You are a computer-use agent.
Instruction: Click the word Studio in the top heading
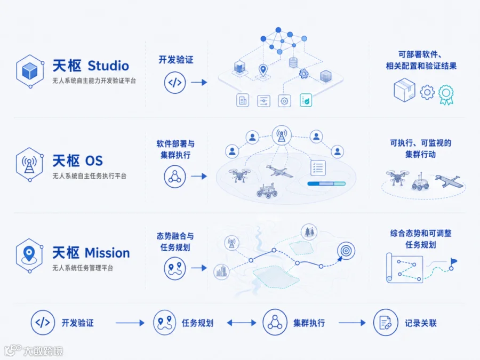[108, 66]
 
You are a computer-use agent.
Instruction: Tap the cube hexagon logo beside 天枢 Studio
[30, 71]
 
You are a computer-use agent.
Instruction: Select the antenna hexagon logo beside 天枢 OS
[29, 164]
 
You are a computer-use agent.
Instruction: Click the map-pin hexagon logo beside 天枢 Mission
[29, 255]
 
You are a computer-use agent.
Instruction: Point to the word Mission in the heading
[107, 253]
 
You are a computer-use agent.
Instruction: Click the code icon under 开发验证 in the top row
[175, 82]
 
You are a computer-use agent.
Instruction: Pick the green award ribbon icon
[446, 94]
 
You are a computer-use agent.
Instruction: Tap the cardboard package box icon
[404, 90]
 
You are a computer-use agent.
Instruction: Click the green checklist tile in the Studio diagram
[306, 100]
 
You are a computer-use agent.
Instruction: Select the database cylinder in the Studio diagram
[293, 62]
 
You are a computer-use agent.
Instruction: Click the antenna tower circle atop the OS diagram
[282, 135]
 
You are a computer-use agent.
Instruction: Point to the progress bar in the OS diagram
[326, 183]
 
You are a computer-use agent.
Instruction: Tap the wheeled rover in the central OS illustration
[267, 190]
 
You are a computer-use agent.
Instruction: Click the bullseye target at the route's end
[346, 251]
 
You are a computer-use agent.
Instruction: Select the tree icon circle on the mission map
[309, 232]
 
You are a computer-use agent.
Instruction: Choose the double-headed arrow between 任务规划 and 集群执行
[242, 323]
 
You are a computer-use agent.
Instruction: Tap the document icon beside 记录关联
[386, 323]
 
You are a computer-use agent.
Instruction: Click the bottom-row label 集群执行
[309, 323]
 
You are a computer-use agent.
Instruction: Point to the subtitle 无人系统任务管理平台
[83, 268]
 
